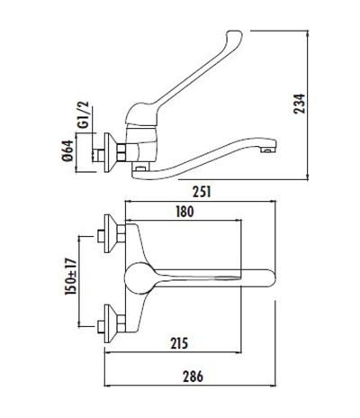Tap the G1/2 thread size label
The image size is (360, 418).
(x=82, y=119)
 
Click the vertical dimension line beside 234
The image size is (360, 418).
(x=316, y=100)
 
